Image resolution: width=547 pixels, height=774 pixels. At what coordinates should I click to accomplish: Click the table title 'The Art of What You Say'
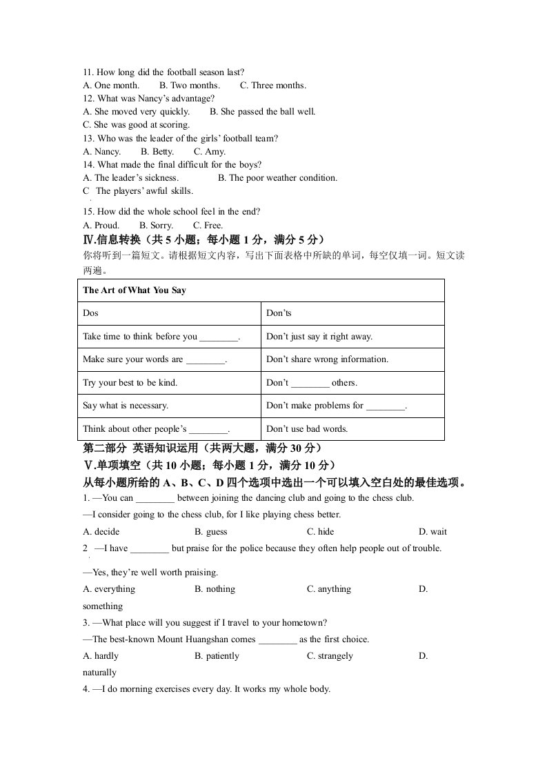(135, 290)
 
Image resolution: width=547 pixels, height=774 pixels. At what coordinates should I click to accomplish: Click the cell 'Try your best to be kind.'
(130, 383)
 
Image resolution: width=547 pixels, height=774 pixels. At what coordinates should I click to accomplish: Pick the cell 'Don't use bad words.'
(307, 428)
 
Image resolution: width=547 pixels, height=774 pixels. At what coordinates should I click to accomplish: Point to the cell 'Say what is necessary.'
(126, 406)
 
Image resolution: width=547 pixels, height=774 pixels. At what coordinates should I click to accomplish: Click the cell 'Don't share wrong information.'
(327, 359)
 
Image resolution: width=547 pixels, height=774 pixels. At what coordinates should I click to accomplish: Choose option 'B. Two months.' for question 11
(190, 86)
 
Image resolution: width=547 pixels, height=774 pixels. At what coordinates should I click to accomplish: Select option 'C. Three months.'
(273, 86)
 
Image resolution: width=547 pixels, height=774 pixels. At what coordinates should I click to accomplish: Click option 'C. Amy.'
(210, 152)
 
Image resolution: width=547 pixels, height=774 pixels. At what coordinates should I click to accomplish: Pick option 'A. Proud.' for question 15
(101, 226)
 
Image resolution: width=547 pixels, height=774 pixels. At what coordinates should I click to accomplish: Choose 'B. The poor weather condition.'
(277, 178)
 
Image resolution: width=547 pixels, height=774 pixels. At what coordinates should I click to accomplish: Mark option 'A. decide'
(101, 532)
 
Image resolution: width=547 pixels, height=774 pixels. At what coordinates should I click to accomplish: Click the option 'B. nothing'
(215, 589)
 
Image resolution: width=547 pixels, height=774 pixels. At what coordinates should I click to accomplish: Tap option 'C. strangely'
(330, 656)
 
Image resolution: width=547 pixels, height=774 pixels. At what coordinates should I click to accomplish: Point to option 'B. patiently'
(217, 656)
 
